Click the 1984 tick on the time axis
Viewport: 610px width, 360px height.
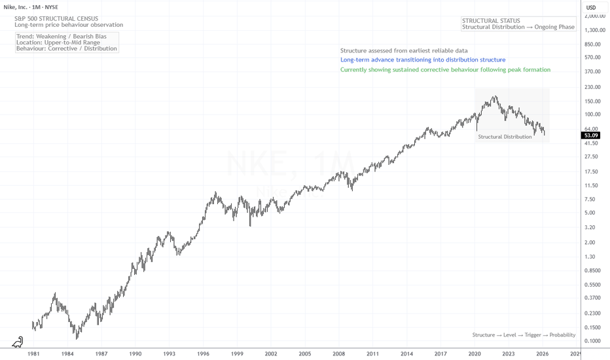(67, 353)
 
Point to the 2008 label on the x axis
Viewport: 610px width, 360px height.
(338, 353)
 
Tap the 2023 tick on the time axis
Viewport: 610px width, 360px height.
(508, 353)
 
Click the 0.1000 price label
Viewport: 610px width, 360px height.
(592, 341)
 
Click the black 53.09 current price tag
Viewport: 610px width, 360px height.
(592, 135)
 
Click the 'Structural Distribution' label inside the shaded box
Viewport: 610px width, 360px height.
(505, 137)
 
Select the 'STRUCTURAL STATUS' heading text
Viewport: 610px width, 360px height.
(491, 20)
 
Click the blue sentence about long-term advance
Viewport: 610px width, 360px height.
(423, 60)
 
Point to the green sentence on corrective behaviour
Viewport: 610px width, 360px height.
(445, 69)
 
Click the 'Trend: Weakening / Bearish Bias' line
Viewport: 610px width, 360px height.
(61, 36)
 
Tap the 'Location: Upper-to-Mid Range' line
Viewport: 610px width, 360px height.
(58, 42)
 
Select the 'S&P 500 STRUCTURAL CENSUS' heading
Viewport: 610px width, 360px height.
(56, 18)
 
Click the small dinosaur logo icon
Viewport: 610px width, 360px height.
(18, 342)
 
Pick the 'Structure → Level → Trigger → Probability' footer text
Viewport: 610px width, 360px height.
(524, 334)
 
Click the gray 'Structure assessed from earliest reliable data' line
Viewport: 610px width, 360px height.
(404, 50)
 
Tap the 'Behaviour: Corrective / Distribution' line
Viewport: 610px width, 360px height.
(67, 48)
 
